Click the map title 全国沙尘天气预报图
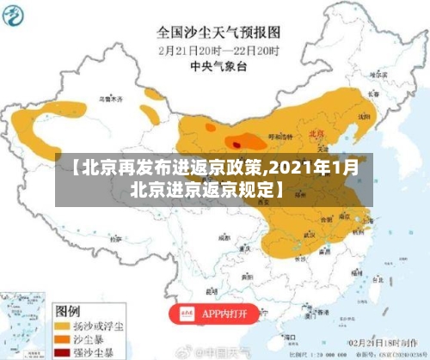click(218, 33)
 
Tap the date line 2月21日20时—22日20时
click(218, 50)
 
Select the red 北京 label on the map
click(316, 134)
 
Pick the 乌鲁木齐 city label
click(110, 101)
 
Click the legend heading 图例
click(68, 308)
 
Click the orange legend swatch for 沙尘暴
click(63, 340)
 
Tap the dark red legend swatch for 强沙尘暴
click(63, 353)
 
